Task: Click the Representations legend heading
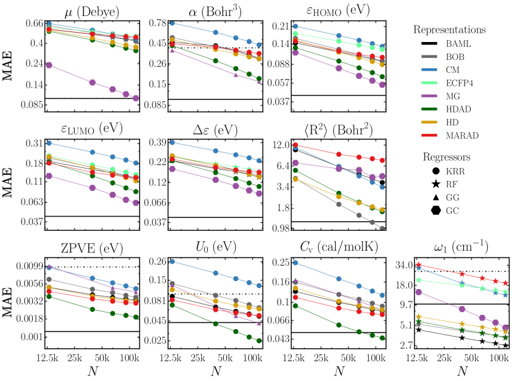449,30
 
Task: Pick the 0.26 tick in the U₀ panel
155,262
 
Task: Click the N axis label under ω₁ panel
462,372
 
